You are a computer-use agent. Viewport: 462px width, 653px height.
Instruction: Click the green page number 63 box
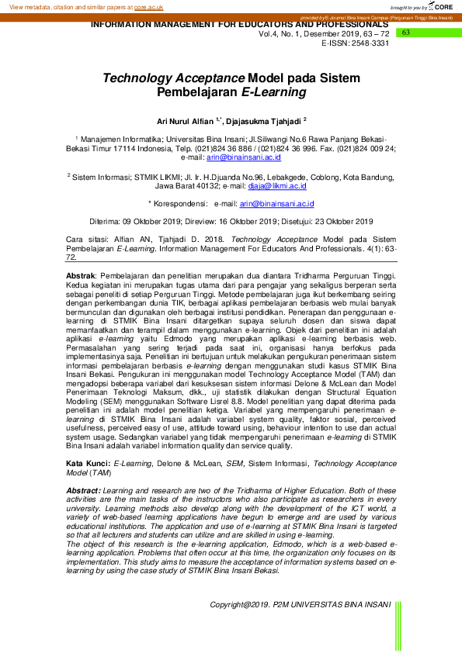pyautogui.click(x=405, y=33)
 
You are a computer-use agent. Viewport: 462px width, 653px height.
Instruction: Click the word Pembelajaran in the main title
pyautogui.click(x=198, y=92)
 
